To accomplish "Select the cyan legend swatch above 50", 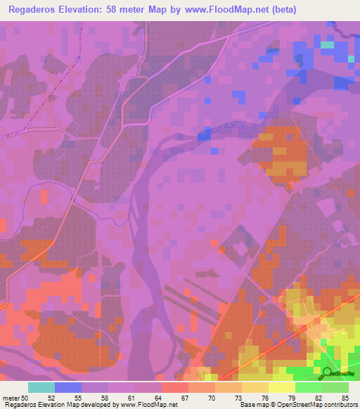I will click(x=41, y=387).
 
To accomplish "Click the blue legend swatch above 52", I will click(x=68, y=387).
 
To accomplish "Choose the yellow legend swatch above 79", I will click(x=281, y=387).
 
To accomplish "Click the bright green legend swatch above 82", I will click(x=308, y=387).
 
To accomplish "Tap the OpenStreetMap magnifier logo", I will click(x=325, y=373).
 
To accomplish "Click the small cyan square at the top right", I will click(x=327, y=45).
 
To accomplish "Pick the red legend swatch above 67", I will click(x=174, y=387).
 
